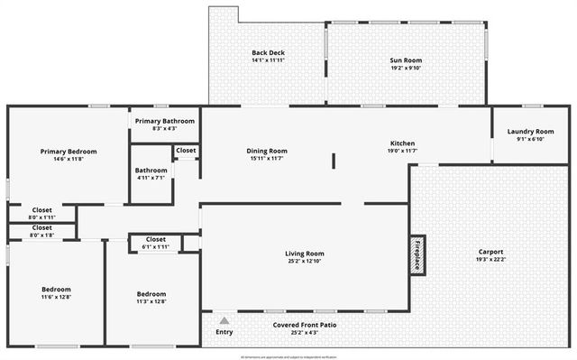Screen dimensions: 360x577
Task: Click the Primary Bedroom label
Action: coord(69,152)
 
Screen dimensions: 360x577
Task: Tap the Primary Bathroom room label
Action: coord(165,121)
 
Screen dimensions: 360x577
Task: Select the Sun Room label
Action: coord(406,60)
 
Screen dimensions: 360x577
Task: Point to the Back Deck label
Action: coord(268,53)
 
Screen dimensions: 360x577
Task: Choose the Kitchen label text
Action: coord(402,144)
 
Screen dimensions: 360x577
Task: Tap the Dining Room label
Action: coord(267,151)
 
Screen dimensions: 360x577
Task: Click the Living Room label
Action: coord(305,254)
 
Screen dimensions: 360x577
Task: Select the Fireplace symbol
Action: coord(417,254)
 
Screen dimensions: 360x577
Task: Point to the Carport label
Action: coord(490,252)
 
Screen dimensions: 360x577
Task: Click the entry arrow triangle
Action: coord(224,320)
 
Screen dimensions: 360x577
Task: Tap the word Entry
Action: coord(224,332)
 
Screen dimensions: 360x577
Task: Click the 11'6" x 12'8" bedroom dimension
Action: coord(56,297)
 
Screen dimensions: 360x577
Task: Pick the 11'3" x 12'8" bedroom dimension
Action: coord(151,300)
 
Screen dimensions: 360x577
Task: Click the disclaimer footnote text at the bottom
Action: coord(288,356)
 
